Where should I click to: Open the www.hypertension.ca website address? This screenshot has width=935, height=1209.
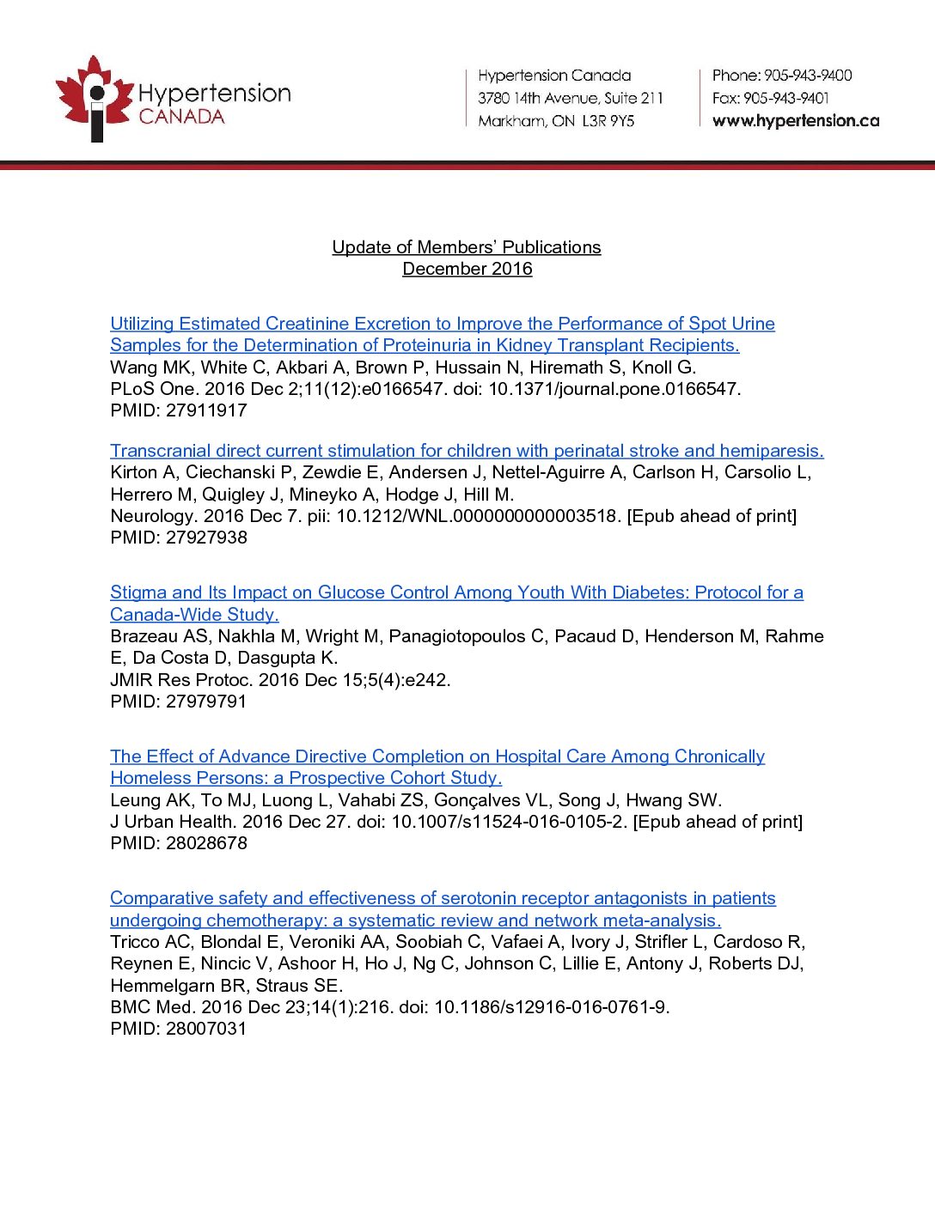[x=796, y=121]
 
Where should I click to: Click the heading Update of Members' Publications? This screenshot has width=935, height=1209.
[x=467, y=247]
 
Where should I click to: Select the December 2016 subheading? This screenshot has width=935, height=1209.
[x=467, y=269]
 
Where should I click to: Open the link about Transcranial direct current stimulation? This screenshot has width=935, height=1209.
[x=467, y=451]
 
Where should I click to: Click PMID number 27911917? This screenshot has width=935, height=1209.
[x=206, y=410]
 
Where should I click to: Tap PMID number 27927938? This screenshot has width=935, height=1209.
[x=206, y=538]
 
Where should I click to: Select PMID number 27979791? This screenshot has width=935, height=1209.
[x=206, y=702]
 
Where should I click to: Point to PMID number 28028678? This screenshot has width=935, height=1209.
[x=206, y=843]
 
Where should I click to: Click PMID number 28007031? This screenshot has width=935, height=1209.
[x=206, y=1029]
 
